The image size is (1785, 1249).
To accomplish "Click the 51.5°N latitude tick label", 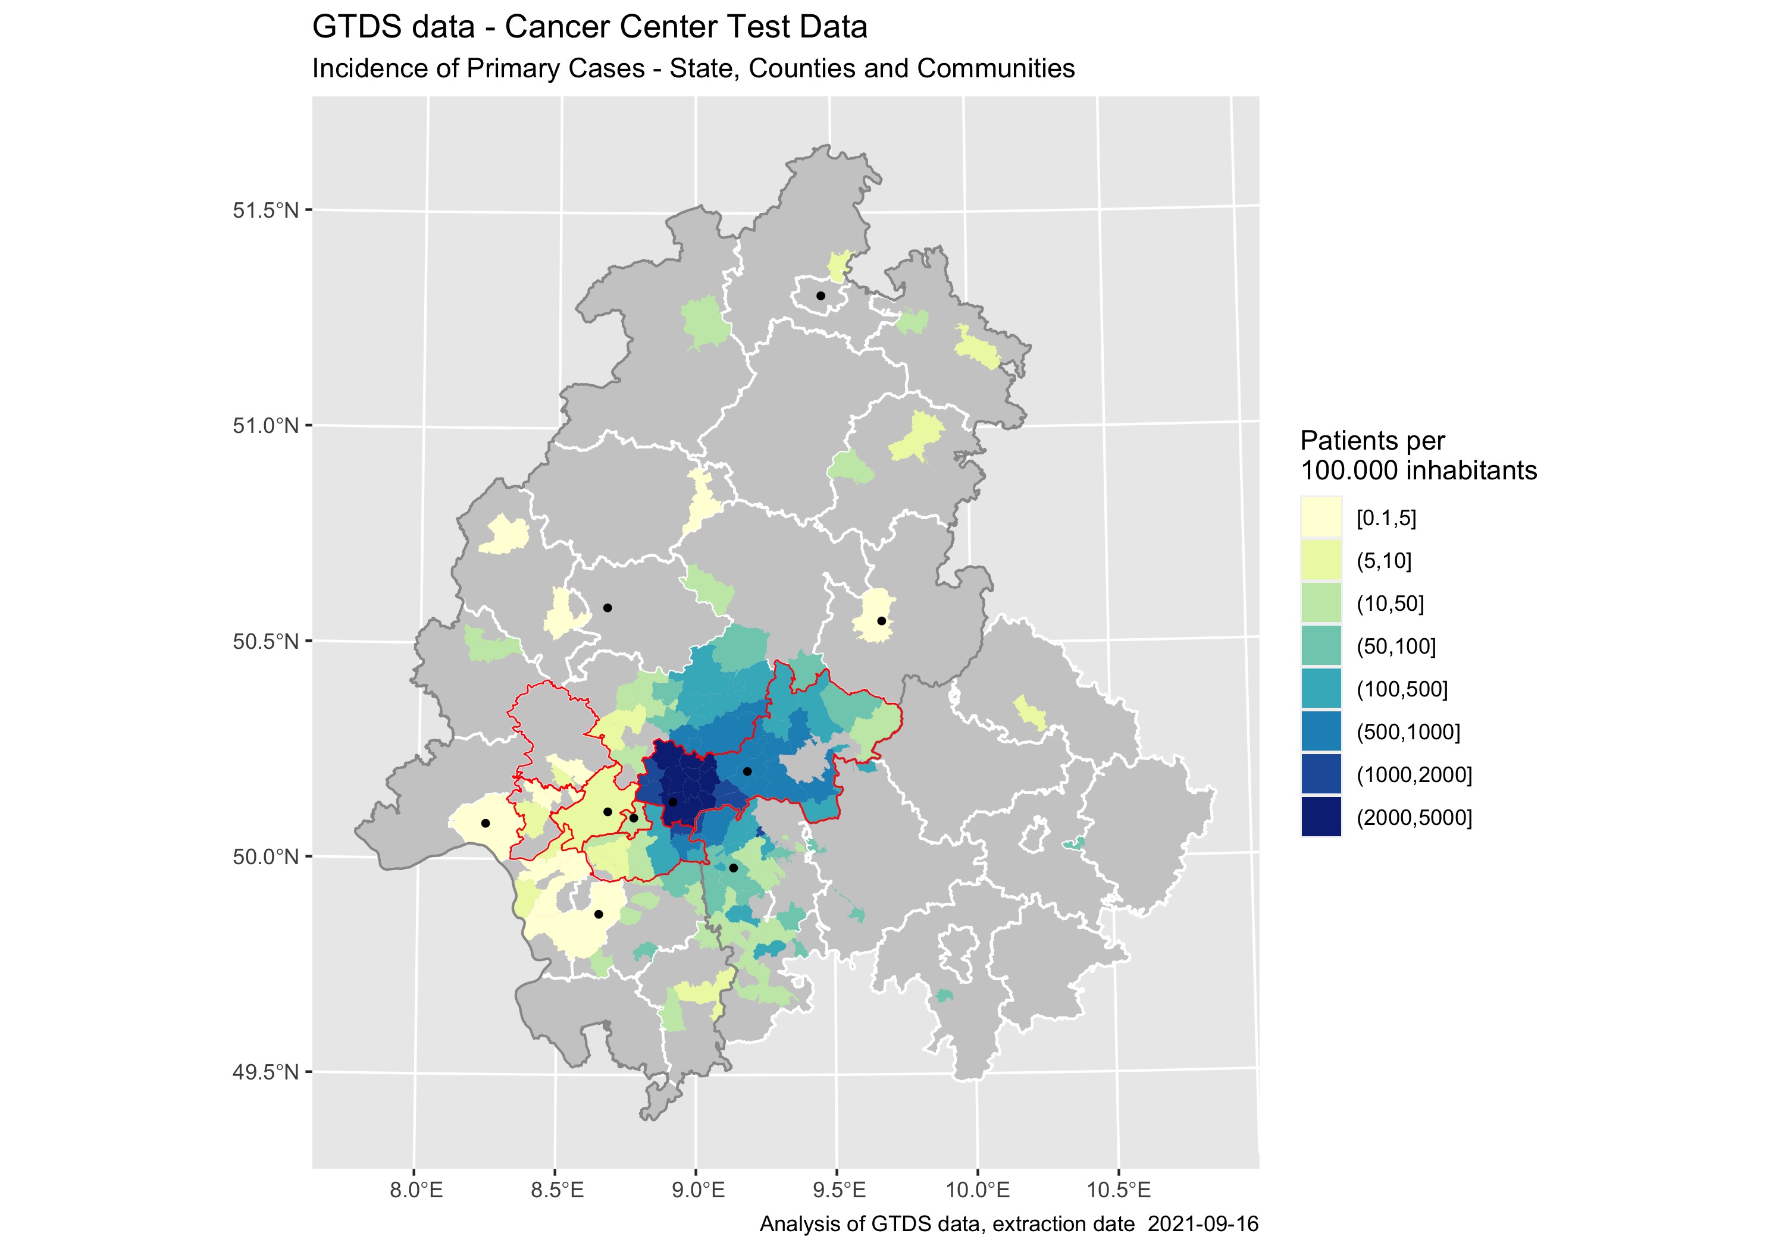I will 265,211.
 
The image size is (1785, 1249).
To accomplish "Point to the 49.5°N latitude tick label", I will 265,1072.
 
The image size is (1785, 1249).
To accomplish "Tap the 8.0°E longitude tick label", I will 416,1190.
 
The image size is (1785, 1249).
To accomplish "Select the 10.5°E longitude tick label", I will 1119,1190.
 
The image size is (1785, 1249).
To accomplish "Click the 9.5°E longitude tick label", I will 837,1190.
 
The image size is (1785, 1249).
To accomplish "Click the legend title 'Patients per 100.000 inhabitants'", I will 1417,456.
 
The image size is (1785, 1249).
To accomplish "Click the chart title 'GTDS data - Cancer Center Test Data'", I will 589,27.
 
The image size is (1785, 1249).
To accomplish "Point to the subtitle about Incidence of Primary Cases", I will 693,68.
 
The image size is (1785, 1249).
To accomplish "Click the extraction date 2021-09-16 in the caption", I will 1202,1224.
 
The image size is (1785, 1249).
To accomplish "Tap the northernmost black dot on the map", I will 820,296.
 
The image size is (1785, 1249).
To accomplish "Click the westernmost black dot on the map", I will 485,823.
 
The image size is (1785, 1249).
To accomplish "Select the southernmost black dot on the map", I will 599,914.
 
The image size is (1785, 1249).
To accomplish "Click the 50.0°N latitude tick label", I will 265,857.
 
